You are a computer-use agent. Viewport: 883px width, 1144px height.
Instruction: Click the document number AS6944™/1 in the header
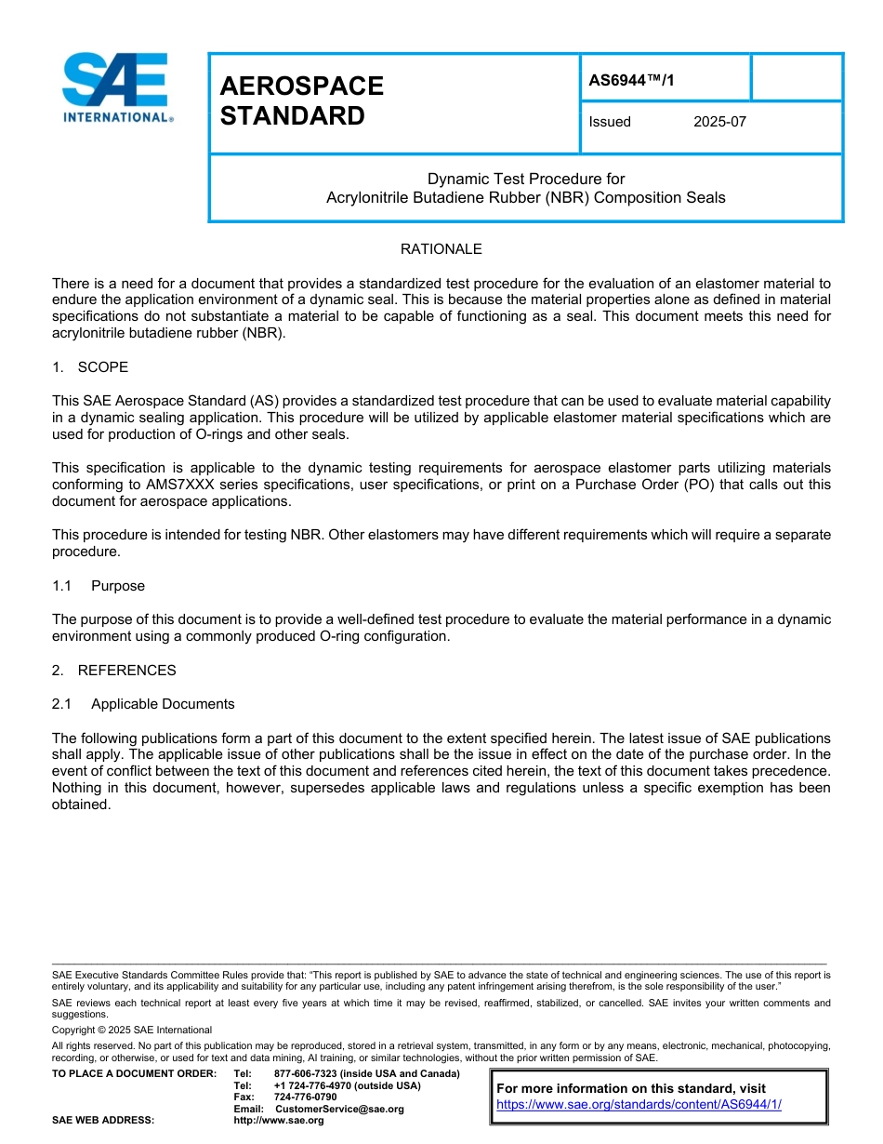pos(631,80)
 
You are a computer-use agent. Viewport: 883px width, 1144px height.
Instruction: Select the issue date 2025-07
pos(719,122)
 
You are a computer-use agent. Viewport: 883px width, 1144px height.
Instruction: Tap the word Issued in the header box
pos(610,122)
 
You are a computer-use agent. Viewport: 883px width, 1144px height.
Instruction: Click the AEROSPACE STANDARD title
pos(301,100)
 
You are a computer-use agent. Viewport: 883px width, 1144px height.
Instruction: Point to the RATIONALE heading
pos(441,249)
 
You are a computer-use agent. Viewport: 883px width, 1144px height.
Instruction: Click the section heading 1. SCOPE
pos(90,367)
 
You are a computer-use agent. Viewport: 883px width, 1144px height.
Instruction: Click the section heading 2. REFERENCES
pos(113,671)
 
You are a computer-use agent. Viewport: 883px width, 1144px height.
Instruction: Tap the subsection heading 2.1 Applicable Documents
pos(144,704)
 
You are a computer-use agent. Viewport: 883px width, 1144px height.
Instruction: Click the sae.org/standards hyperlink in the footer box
pos(639,1105)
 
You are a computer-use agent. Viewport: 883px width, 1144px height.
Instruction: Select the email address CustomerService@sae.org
pos(339,1109)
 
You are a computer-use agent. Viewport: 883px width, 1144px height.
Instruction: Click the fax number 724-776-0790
pos(305,1097)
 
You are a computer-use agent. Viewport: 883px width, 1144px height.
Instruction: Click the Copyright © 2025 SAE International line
pos(132,1030)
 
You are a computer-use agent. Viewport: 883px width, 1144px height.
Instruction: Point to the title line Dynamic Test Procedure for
pos(526,179)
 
